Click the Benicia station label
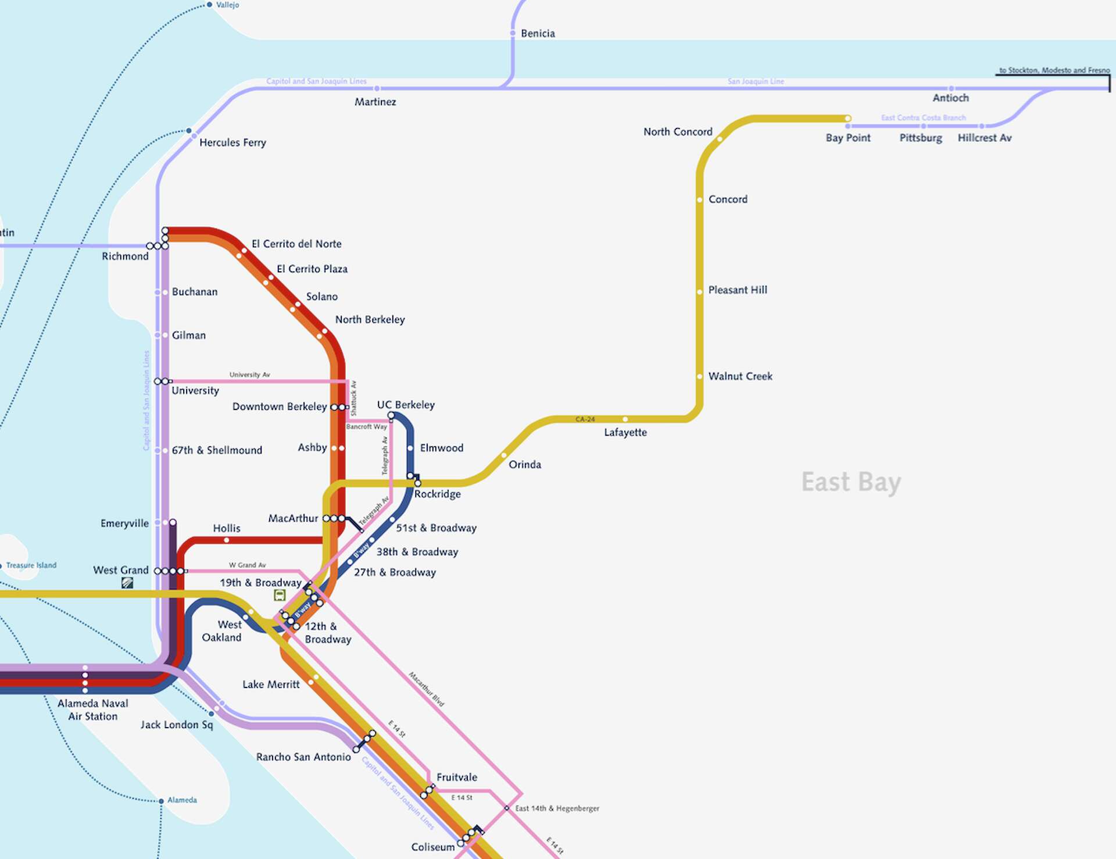coord(538,34)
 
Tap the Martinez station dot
coord(377,88)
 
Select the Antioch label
coord(950,98)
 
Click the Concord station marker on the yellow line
coord(700,199)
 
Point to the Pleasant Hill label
coord(737,290)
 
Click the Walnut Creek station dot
coord(700,376)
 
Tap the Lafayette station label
coord(625,433)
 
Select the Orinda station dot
coord(504,455)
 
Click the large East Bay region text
coord(851,483)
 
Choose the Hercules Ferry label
coord(233,142)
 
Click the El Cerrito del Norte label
coord(296,244)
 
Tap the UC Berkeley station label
coord(406,405)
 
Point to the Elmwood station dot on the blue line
coord(410,448)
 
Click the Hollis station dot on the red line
coord(227,540)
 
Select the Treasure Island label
coord(31,565)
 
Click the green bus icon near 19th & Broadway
coord(280,595)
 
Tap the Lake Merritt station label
coord(271,685)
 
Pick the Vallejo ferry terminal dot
coord(209,5)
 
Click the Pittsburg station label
coord(920,138)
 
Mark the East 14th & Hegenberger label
coord(557,808)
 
